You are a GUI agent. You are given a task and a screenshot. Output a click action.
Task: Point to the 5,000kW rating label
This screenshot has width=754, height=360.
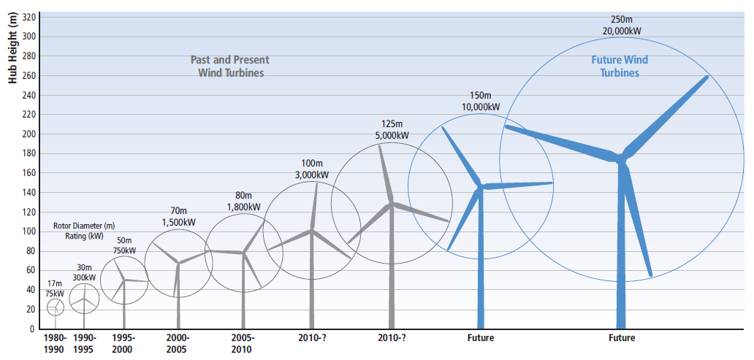(392, 136)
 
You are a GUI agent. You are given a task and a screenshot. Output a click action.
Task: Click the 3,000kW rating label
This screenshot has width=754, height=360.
(311, 175)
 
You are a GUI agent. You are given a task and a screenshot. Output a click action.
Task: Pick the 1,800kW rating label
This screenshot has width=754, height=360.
(243, 207)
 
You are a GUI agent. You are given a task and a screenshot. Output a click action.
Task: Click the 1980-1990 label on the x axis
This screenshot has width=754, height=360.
(54, 343)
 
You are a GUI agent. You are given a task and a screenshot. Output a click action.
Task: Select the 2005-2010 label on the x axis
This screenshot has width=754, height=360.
(243, 343)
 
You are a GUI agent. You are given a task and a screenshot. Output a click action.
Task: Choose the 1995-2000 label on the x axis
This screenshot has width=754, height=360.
(123, 343)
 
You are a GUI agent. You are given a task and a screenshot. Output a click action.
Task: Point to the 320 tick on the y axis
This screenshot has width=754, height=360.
(28, 17)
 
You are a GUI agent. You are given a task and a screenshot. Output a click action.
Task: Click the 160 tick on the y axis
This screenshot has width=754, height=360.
(28, 173)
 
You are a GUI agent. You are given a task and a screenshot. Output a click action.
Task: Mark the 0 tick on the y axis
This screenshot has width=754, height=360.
(31, 329)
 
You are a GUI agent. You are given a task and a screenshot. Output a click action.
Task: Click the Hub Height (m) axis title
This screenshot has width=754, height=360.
(12, 49)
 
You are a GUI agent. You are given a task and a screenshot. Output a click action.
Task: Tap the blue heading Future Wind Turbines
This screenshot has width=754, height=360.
(620, 66)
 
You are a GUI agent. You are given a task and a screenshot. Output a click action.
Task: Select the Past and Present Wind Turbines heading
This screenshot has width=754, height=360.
(230, 66)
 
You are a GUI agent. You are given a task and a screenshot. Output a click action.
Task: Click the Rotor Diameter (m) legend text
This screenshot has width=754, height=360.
(84, 226)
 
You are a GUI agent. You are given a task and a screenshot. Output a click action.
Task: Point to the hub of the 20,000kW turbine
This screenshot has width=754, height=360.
(621, 158)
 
